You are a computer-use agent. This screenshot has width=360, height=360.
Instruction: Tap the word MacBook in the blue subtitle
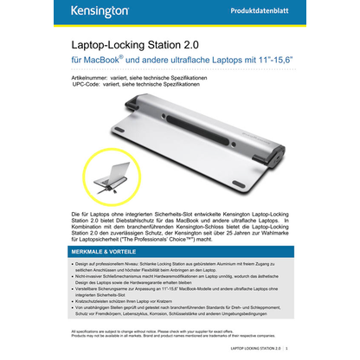pos(107,62)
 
